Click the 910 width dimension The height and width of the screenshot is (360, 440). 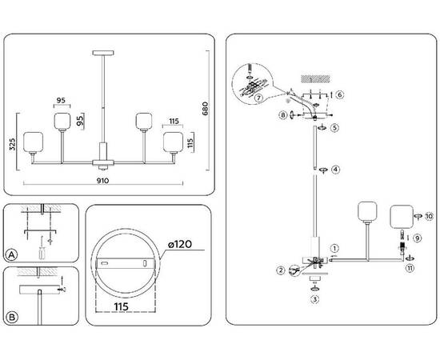click(x=103, y=181)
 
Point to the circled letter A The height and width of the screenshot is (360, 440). click(x=11, y=255)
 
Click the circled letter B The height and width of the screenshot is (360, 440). click(x=11, y=317)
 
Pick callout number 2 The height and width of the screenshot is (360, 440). click(x=281, y=270)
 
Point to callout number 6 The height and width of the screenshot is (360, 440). click(x=340, y=94)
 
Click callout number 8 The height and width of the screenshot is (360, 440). click(x=282, y=115)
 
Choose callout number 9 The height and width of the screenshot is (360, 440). click(x=417, y=238)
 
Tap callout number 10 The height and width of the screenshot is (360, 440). click(x=429, y=216)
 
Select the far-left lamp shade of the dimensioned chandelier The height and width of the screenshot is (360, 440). click(x=33, y=141)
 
